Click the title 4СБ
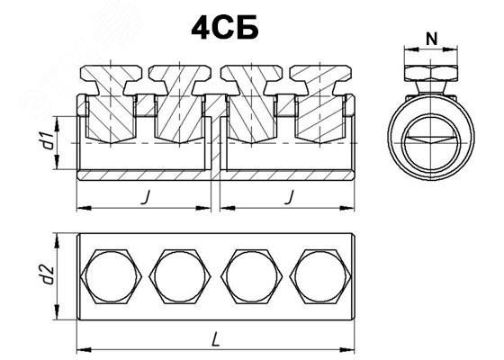click(225, 27)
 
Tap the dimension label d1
click(49, 140)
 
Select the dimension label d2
click(49, 274)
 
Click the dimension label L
click(216, 340)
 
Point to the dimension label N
click(431, 40)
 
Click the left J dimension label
click(146, 197)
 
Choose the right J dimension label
click(290, 197)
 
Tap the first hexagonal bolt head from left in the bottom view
click(112, 276)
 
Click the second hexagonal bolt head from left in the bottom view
click(180, 276)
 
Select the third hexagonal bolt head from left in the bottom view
click(252, 276)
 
